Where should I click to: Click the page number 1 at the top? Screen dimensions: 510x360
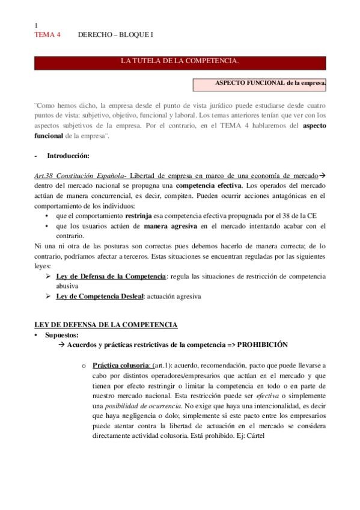[x=37, y=25]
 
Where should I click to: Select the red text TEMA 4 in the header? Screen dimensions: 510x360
[x=47, y=35]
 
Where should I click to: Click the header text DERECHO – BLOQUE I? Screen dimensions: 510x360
[x=115, y=35]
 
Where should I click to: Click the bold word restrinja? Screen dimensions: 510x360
[x=141, y=215]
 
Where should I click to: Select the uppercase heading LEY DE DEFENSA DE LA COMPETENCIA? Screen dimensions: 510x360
[x=106, y=325]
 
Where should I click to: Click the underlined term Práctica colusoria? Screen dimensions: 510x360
[x=121, y=365]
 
